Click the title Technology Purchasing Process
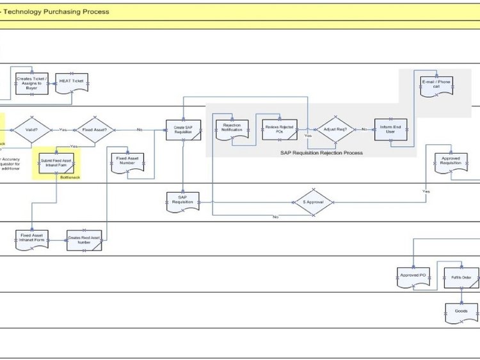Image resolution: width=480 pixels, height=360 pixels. (x=56, y=12)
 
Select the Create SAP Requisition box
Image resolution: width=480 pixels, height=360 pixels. (x=184, y=129)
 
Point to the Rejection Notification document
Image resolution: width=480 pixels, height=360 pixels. (x=232, y=128)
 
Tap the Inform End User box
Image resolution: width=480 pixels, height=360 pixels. (x=390, y=129)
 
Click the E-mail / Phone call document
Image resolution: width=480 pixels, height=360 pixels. (x=436, y=84)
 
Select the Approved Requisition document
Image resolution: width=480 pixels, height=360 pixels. (x=451, y=160)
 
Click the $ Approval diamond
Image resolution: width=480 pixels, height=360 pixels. (x=313, y=202)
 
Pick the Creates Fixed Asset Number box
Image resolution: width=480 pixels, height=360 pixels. (x=84, y=240)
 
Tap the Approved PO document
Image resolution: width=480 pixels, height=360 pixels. (x=413, y=275)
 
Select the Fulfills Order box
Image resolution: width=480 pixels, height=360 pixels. (x=461, y=278)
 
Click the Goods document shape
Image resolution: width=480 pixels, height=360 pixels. (x=461, y=312)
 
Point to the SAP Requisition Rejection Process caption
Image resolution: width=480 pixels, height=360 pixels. (x=322, y=153)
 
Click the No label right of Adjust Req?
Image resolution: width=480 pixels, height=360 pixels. (x=364, y=129)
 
